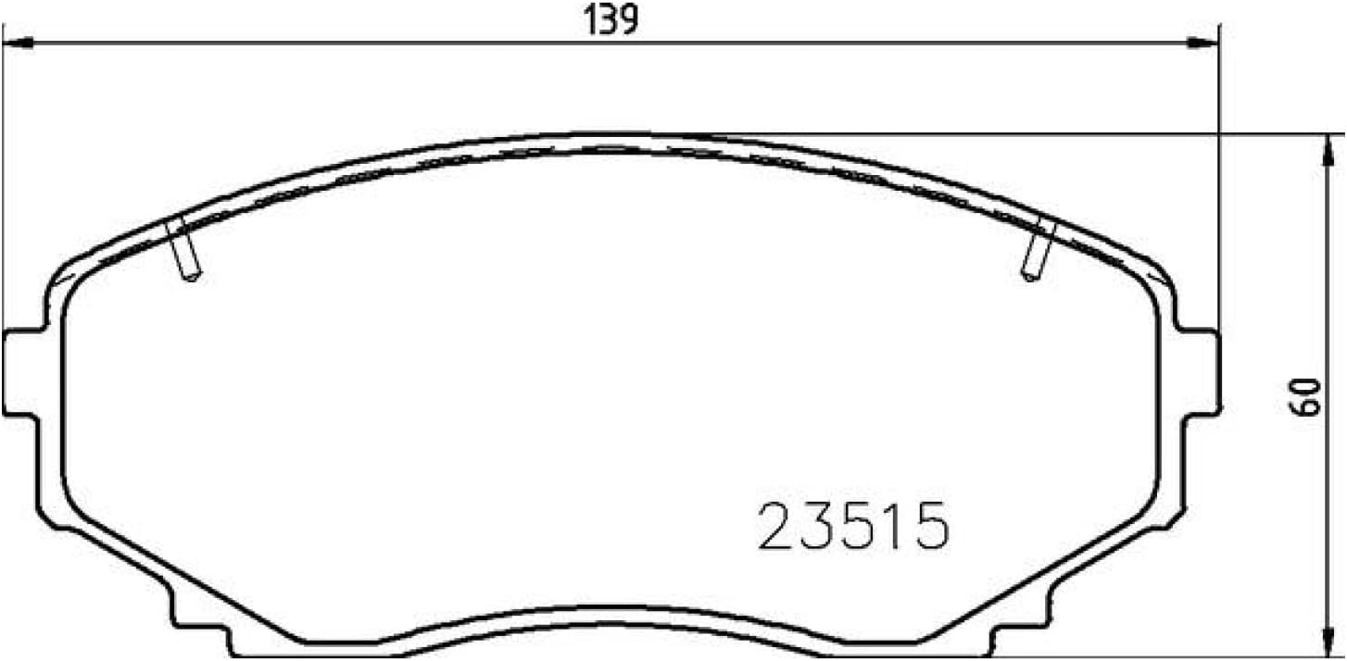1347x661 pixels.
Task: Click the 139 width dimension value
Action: pyautogui.click(x=611, y=20)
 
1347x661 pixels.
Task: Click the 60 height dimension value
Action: pyautogui.click(x=1304, y=396)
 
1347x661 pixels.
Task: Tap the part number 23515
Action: pyautogui.click(x=853, y=527)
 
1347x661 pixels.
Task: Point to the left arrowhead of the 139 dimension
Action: pyautogui.click(x=18, y=44)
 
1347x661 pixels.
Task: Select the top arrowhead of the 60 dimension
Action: pyautogui.click(x=1328, y=150)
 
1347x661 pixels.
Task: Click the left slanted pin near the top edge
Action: pyautogui.click(x=183, y=249)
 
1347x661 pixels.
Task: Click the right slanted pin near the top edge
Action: pyautogui.click(x=1039, y=249)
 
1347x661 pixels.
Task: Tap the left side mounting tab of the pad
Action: pyautogui.click(x=23, y=372)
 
